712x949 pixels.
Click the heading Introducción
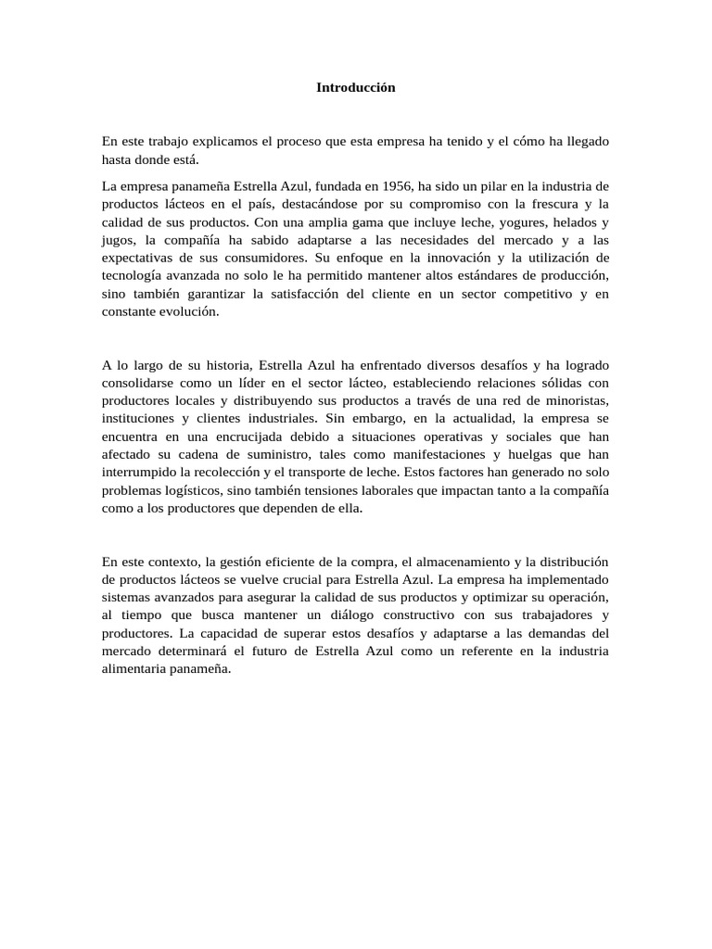[356, 87]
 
